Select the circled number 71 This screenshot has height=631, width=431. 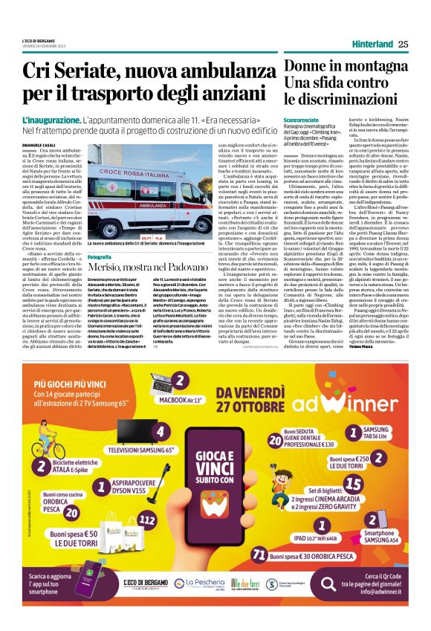[x=259, y=554]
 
